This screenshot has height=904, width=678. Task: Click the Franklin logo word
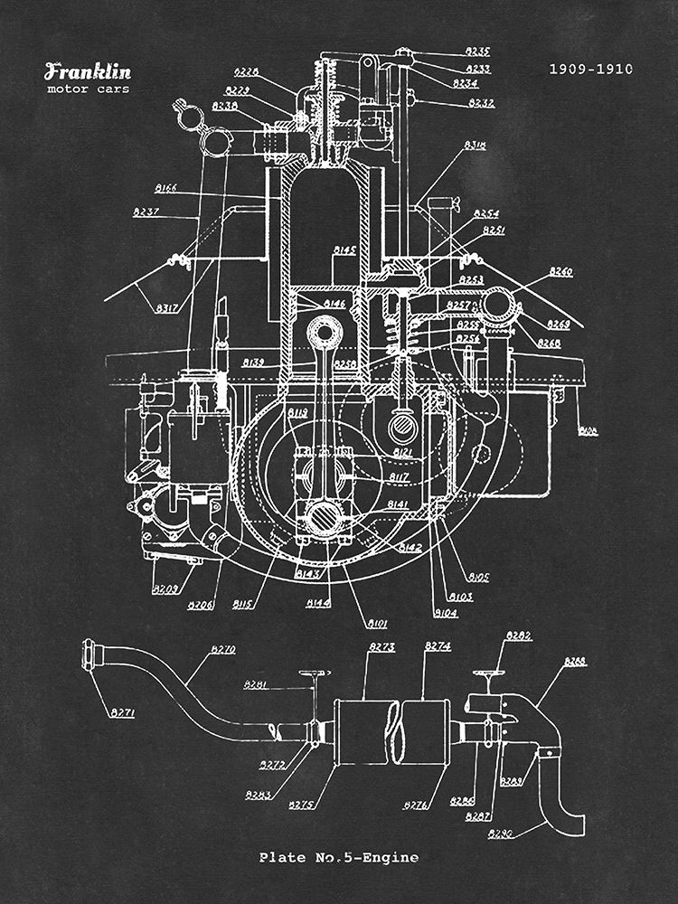pyautogui.click(x=88, y=72)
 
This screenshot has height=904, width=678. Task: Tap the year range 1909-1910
pyautogui.click(x=591, y=69)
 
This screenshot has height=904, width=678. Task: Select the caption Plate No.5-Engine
pyautogui.click(x=339, y=857)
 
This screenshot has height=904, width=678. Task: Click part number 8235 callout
pyautogui.click(x=478, y=52)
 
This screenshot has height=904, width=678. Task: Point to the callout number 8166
pyautogui.click(x=165, y=189)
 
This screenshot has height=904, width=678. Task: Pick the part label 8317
pyautogui.click(x=166, y=308)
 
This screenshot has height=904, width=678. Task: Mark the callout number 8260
pyautogui.click(x=560, y=271)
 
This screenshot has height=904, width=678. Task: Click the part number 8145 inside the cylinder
pyautogui.click(x=344, y=250)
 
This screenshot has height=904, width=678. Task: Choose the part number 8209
pyautogui.click(x=165, y=589)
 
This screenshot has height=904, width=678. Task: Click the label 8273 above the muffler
pyautogui.click(x=382, y=647)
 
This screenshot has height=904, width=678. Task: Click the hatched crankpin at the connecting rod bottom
pyautogui.click(x=320, y=519)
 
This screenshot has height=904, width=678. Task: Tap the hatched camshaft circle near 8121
pyautogui.click(x=401, y=423)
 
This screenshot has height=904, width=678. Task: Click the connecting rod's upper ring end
pyautogui.click(x=322, y=331)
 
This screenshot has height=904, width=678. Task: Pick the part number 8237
pyautogui.click(x=146, y=212)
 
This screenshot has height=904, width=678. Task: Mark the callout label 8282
pyautogui.click(x=519, y=636)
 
